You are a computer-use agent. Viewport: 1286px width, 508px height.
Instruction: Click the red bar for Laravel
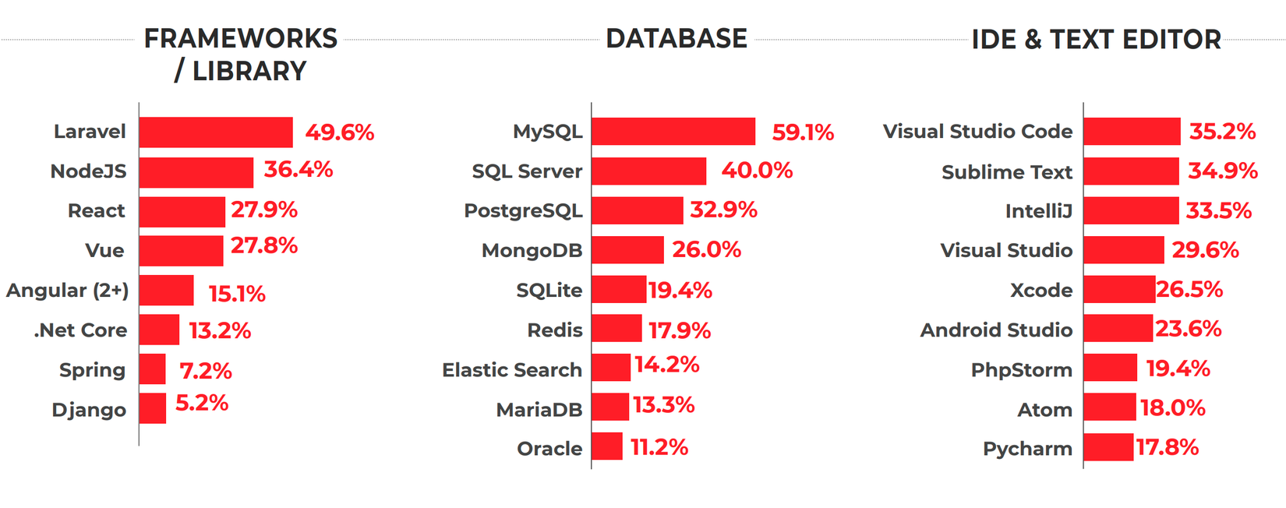pyautogui.click(x=216, y=132)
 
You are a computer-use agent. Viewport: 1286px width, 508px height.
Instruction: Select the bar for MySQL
pyautogui.click(x=673, y=132)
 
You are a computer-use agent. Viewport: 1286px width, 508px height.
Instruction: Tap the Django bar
pyautogui.click(x=153, y=408)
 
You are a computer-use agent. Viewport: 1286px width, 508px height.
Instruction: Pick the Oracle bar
pyautogui.click(x=607, y=446)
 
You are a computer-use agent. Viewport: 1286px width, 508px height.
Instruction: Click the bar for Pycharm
pyautogui.click(x=1108, y=447)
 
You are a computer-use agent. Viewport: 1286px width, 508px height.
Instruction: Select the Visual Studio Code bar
pyautogui.click(x=1132, y=132)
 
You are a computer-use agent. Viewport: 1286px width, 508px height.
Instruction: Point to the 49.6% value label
pyautogui.click(x=340, y=132)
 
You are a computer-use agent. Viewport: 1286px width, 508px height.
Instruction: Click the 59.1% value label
pyautogui.click(x=803, y=132)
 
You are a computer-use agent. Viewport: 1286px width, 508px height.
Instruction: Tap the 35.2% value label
pyautogui.click(x=1222, y=132)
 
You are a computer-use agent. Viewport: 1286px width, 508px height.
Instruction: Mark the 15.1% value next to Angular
pyautogui.click(x=237, y=294)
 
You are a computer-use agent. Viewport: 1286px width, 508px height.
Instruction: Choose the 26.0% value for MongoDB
pyautogui.click(x=706, y=249)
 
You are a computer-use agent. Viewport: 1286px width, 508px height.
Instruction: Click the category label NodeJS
pyautogui.click(x=88, y=171)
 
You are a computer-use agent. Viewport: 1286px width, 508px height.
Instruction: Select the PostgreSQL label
pyautogui.click(x=523, y=211)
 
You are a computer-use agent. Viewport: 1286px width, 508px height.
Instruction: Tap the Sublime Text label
pyautogui.click(x=1006, y=172)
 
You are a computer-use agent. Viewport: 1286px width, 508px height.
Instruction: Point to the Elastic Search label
pyautogui.click(x=512, y=370)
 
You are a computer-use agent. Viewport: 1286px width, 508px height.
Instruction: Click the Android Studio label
pyautogui.click(x=996, y=330)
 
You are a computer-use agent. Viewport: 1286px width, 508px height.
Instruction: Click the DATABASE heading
pyautogui.click(x=677, y=39)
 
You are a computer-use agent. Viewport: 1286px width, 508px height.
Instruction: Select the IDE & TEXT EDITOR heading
pyautogui.click(x=1096, y=40)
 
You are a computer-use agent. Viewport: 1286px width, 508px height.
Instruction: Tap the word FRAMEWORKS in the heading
pyautogui.click(x=241, y=39)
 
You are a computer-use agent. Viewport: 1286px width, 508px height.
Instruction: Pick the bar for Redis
pyautogui.click(x=617, y=329)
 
